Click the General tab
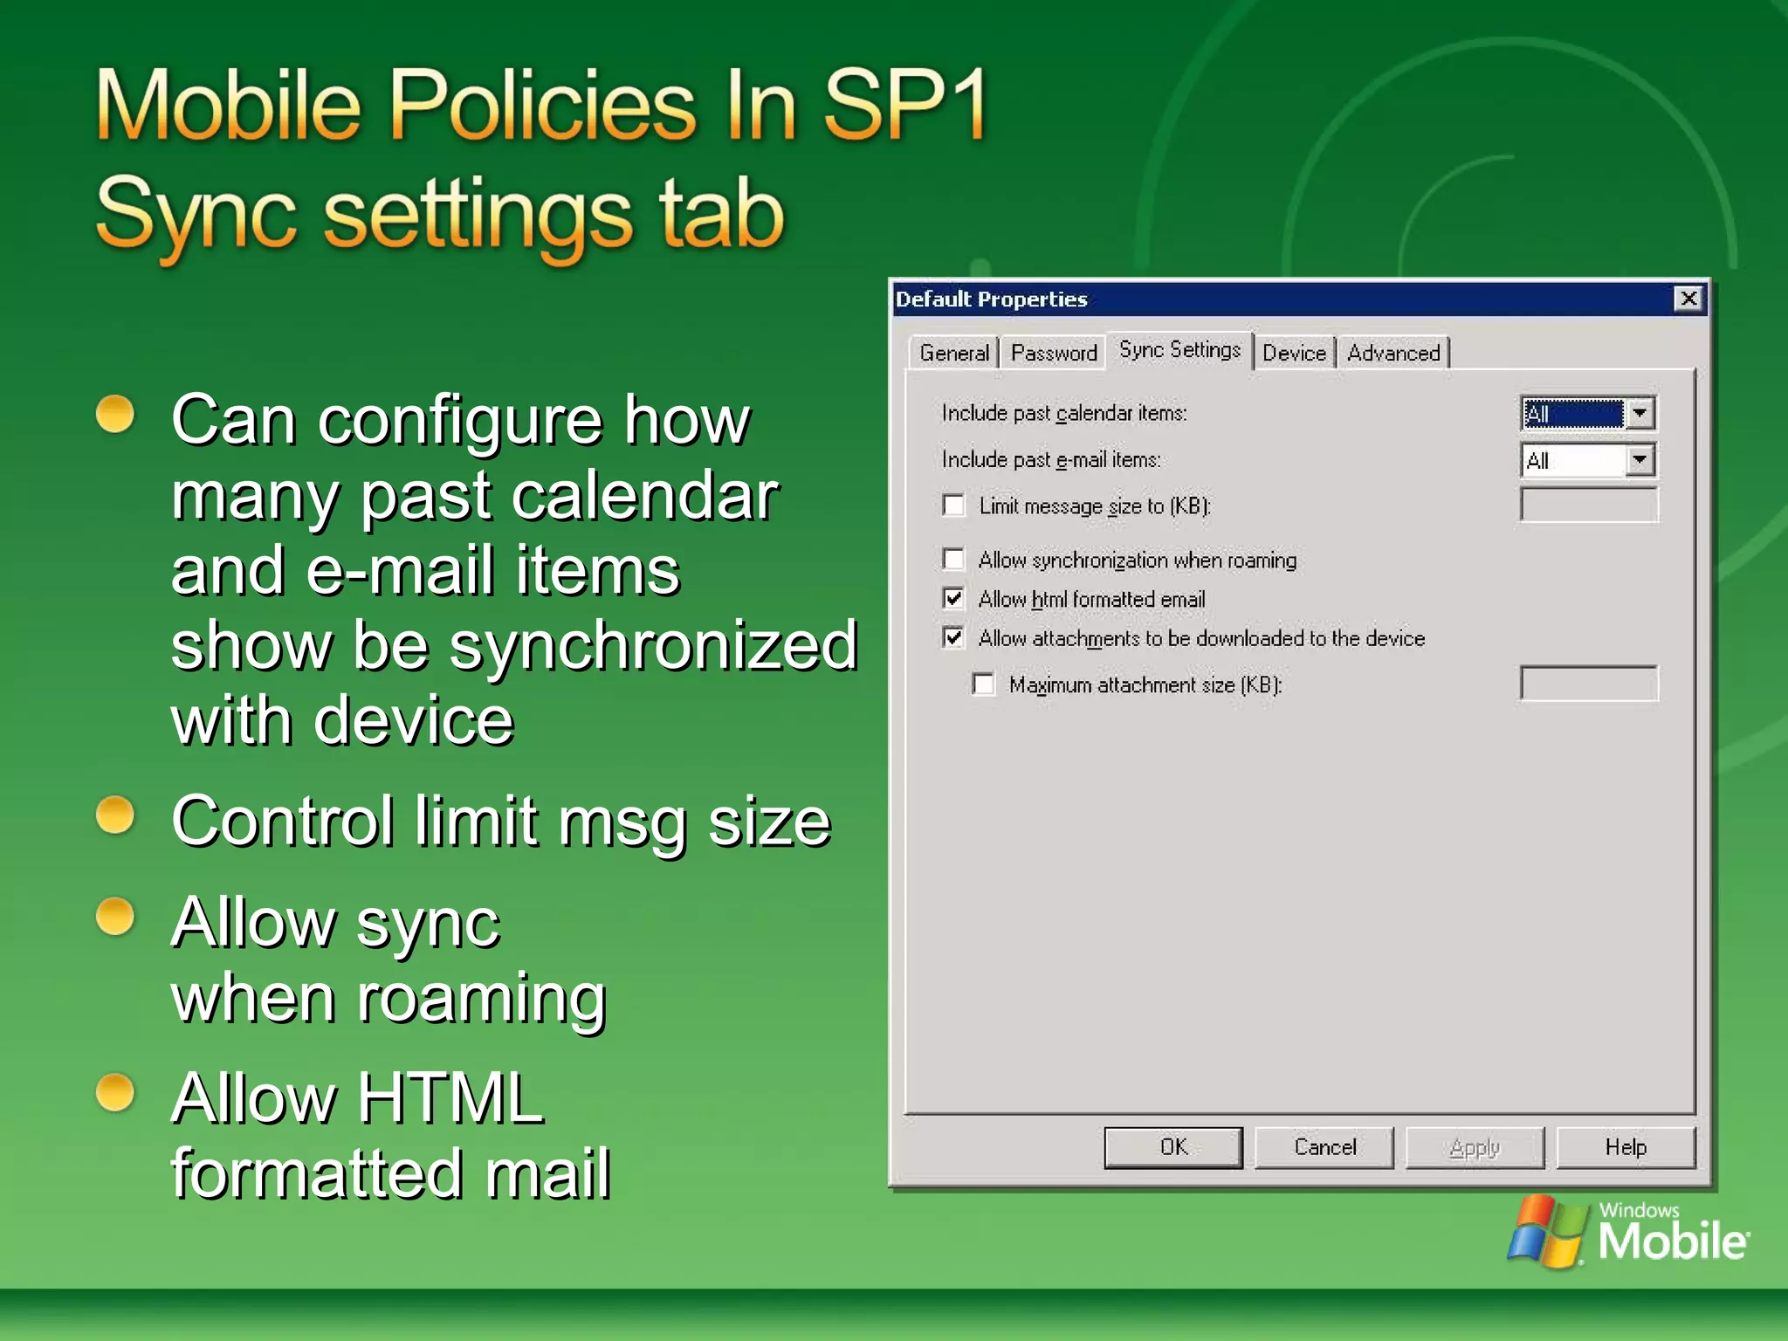pyautogui.click(x=953, y=353)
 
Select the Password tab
pyautogui.click(x=1053, y=353)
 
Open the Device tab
pyautogui.click(x=1294, y=353)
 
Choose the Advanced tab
pyautogui.click(x=1393, y=353)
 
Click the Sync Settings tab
pyautogui.click(x=1179, y=350)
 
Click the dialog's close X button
pyautogui.click(x=1688, y=299)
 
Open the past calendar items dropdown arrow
pyautogui.click(x=1640, y=413)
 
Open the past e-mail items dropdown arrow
pyautogui.click(x=1640, y=460)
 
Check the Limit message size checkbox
pyautogui.click(x=954, y=505)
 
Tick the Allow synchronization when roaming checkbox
pyautogui.click(x=954, y=559)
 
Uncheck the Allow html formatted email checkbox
pyautogui.click(x=954, y=599)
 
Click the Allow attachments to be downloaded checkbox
pyautogui.click(x=954, y=638)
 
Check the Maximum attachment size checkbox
pyautogui.click(x=984, y=684)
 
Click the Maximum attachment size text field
pyautogui.click(x=1588, y=684)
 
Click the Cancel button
pyautogui.click(x=1324, y=1147)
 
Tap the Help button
pyautogui.click(x=1625, y=1147)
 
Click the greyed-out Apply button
pyautogui.click(x=1475, y=1147)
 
